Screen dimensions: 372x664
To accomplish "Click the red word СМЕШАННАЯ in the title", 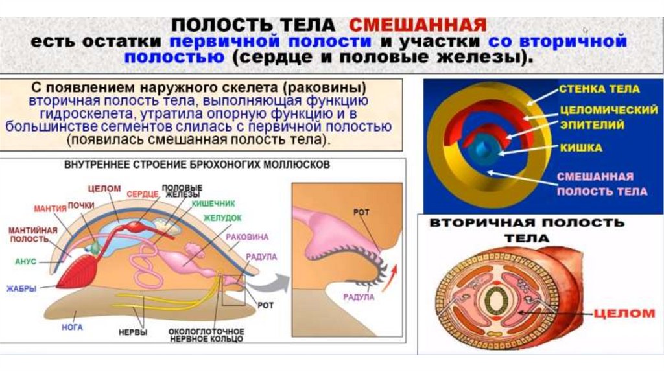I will pyautogui.click(x=418, y=25).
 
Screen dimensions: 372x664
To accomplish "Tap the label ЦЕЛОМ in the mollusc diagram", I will pyautogui.click(x=104, y=188).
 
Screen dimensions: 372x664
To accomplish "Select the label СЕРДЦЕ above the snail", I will pyautogui.click(x=142, y=193).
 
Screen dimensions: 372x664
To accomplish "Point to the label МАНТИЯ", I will pyautogui.click(x=50, y=209).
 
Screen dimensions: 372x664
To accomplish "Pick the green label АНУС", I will pyautogui.click(x=26, y=262).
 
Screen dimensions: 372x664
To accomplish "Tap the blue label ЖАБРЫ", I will pyautogui.click(x=22, y=288).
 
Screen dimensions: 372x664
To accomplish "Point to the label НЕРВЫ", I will pyautogui.click(x=132, y=332).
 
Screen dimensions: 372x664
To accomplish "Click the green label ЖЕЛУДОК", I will pyautogui.click(x=222, y=218).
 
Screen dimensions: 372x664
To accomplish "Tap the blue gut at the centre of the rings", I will pyautogui.click(x=484, y=148).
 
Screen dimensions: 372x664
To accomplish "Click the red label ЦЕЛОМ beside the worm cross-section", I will pyautogui.click(x=624, y=314).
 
